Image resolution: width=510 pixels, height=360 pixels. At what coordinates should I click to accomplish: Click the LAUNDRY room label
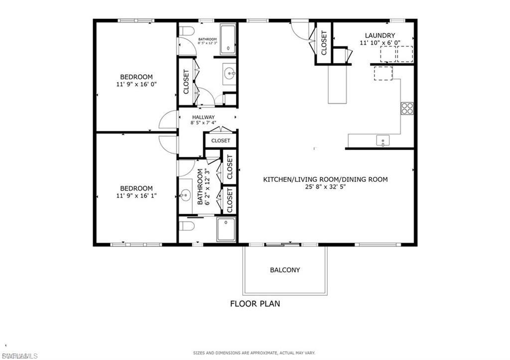(x=380, y=35)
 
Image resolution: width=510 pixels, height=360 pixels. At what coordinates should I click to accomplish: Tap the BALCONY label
(x=285, y=270)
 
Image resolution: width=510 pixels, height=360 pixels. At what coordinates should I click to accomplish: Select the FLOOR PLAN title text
(x=255, y=303)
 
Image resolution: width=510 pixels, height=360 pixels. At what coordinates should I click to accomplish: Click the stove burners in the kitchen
(x=407, y=108)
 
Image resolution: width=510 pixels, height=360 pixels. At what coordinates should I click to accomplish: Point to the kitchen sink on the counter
(x=382, y=140)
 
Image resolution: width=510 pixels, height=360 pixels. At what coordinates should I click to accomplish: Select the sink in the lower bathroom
(x=185, y=194)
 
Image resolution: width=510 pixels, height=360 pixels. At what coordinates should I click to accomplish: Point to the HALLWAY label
(x=203, y=118)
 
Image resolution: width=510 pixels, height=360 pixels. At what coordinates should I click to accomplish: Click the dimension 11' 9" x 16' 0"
(x=136, y=85)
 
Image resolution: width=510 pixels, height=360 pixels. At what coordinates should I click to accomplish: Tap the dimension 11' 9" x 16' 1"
(x=136, y=196)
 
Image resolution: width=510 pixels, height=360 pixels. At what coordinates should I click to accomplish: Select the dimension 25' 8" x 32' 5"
(x=325, y=187)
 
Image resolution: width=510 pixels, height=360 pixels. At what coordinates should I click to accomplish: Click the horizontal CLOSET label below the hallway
(x=220, y=140)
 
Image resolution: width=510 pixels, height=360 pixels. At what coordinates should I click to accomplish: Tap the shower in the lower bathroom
(x=227, y=231)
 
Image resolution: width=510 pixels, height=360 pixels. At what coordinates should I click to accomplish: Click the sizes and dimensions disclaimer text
(x=255, y=353)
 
